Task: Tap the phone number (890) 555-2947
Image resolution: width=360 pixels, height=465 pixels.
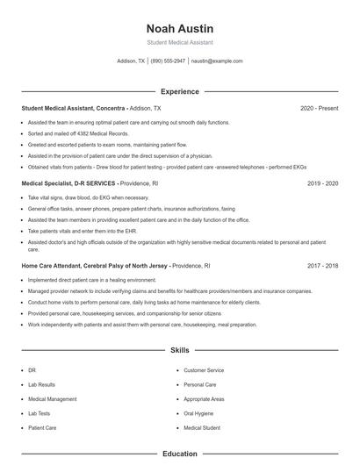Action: click(168, 61)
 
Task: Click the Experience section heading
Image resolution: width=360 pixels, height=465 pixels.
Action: click(179, 91)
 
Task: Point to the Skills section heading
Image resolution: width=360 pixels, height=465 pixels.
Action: click(179, 350)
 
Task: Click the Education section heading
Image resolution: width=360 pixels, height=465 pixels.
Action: click(179, 454)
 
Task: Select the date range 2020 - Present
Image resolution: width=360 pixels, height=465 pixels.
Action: click(319, 108)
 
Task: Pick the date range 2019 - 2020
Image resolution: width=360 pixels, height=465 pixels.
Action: click(322, 183)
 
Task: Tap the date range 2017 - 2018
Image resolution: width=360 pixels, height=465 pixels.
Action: click(322, 264)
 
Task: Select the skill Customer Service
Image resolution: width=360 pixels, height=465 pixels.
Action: click(204, 371)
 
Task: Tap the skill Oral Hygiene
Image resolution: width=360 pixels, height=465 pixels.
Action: click(199, 413)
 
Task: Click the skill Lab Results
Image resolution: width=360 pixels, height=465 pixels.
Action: click(41, 385)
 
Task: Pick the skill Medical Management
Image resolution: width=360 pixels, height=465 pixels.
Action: click(51, 399)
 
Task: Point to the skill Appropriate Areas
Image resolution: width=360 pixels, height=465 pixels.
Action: click(205, 399)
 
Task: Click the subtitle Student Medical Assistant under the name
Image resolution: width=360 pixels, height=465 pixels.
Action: click(179, 42)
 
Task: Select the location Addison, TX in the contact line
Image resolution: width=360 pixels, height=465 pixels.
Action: click(131, 61)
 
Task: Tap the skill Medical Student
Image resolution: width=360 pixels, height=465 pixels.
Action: click(202, 427)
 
